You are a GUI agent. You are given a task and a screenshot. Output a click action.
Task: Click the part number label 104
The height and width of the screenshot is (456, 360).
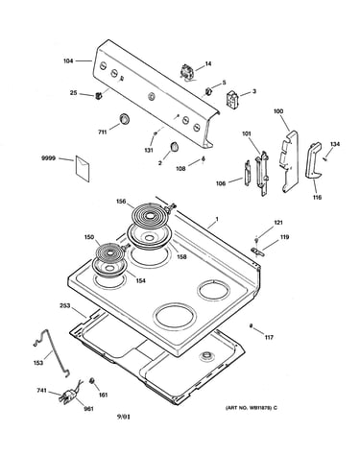click(68, 60)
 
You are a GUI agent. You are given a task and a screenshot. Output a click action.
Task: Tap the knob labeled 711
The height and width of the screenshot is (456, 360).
click(124, 118)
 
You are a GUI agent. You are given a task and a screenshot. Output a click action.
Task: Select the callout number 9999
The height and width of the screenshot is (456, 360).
click(48, 158)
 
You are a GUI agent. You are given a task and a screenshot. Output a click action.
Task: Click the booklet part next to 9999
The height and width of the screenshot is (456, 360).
click(83, 169)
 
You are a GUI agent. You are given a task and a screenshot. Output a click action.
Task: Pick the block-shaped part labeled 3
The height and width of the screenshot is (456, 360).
click(232, 99)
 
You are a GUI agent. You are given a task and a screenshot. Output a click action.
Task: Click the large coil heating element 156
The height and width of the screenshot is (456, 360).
click(149, 215)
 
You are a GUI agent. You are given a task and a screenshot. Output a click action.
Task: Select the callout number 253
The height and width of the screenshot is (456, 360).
click(64, 305)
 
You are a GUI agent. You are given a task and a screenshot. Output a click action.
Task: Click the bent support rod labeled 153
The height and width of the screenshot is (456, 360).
click(52, 353)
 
